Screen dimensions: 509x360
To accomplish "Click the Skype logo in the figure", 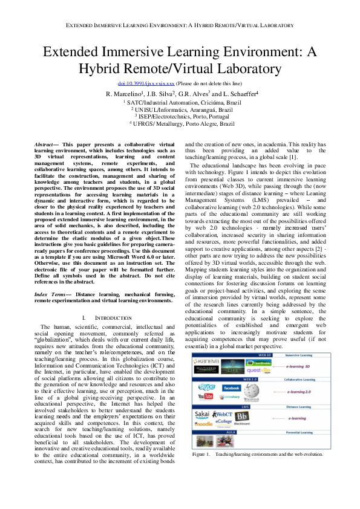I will click(206, 386).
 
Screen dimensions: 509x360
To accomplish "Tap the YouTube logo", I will click(206, 397).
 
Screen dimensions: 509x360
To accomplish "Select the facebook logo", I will click(232, 387).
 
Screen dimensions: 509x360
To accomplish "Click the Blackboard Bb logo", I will click(242, 417).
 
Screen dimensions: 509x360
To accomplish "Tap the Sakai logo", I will click(203, 415).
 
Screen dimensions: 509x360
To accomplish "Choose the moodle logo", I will click(204, 425).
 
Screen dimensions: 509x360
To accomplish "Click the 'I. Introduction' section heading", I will click(106, 317).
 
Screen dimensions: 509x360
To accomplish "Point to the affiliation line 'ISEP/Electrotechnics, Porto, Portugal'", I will click(182, 116).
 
